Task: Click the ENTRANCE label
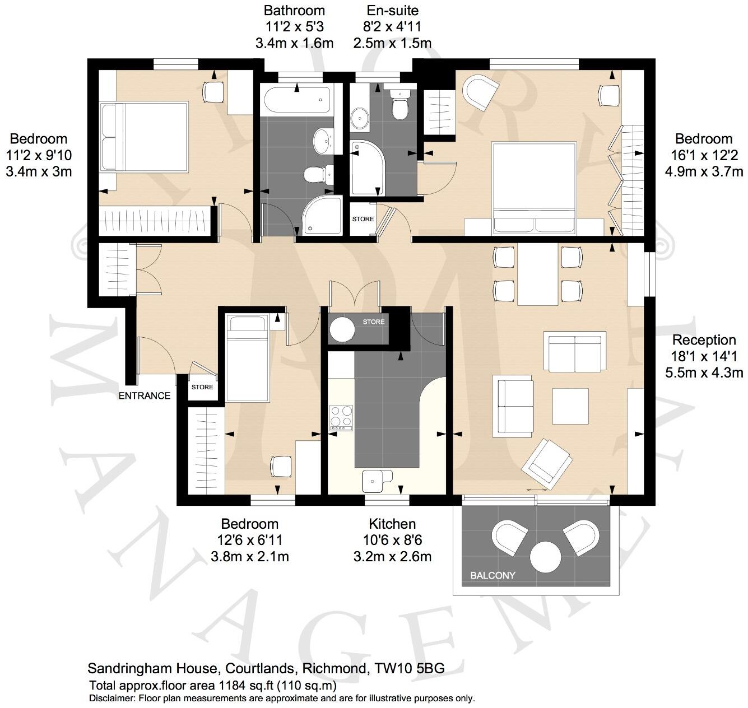[x=145, y=395]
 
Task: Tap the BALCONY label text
[x=493, y=575]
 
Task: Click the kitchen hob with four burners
[x=341, y=417]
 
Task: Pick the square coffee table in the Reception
[x=570, y=407]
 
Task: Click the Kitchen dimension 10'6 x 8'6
[x=392, y=541]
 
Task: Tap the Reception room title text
[x=704, y=340]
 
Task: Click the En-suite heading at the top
[x=392, y=10]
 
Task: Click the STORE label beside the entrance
[x=202, y=387]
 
